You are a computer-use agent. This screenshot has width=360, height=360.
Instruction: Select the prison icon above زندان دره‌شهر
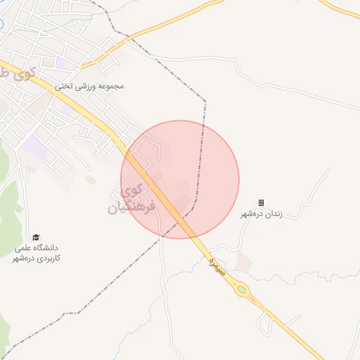[262, 202]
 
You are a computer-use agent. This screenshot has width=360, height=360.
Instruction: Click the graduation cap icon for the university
[36, 238]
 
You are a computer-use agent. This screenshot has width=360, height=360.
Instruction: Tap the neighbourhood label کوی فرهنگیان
[127, 199]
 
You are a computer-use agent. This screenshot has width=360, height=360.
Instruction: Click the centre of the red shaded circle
[180, 179]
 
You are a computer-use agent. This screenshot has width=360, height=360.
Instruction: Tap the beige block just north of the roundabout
[244, 262]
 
